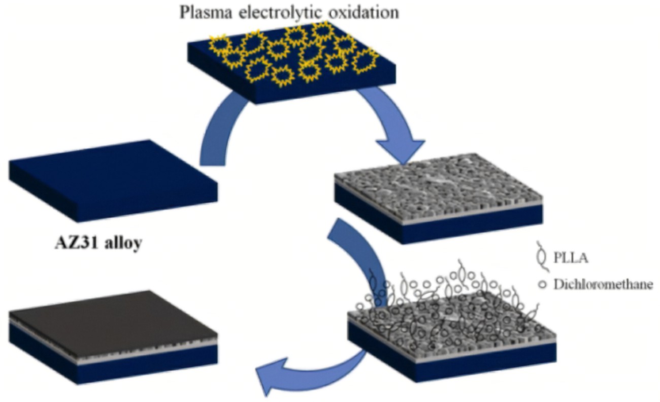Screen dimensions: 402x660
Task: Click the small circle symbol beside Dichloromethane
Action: [543, 285]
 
